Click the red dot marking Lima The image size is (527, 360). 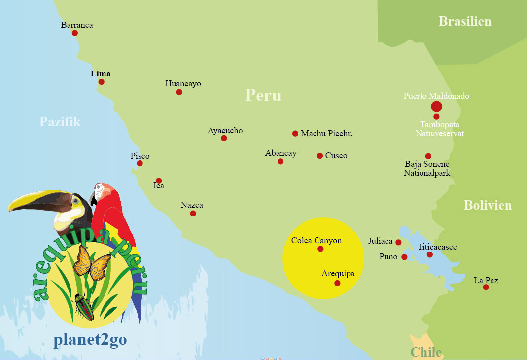click(101, 81)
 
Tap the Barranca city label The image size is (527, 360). click(77, 25)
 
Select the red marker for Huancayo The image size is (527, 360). click(179, 92)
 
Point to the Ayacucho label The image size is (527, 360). click(225, 131)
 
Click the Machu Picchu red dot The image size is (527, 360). click(295, 133)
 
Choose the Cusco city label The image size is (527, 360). click(336, 156)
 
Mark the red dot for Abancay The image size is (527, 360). click(281, 161)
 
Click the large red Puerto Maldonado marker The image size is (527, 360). click(436, 107)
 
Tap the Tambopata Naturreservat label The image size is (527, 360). click(440, 129)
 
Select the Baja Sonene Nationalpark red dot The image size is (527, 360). click(428, 156)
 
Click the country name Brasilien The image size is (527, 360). click(465, 21)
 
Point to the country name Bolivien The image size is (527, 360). click(488, 205)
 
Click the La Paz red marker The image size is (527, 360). click(486, 287)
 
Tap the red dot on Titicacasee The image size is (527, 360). click(430, 254)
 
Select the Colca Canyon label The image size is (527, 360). click(316, 241)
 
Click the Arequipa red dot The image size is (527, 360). click(337, 283)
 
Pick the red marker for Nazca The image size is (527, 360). click(193, 213)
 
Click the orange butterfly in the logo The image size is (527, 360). click(91, 262)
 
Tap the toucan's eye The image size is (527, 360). click(75, 201)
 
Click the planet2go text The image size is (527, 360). click(90, 341)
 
